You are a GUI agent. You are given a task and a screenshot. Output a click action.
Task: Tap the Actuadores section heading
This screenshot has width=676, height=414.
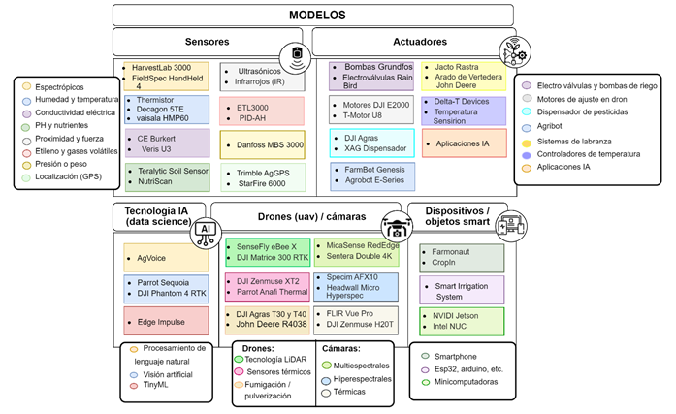(x=421, y=42)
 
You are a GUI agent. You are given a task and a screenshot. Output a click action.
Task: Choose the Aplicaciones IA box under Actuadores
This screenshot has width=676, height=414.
(x=464, y=143)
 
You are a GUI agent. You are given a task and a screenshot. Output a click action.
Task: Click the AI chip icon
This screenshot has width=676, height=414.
(x=206, y=229)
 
